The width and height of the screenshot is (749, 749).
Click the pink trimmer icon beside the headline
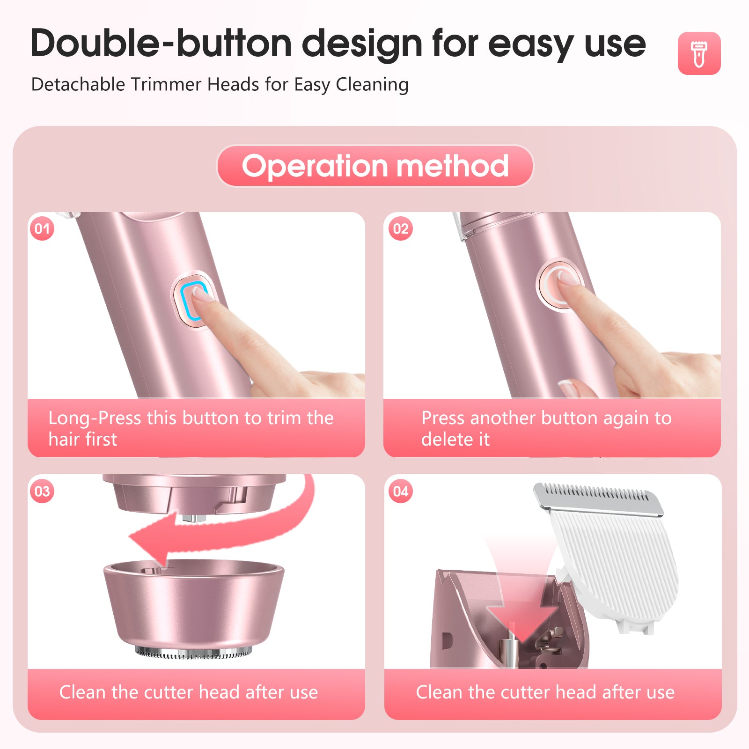click(x=699, y=53)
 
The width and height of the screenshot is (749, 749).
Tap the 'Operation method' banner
click(x=375, y=166)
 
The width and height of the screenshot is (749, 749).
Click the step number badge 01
click(x=42, y=228)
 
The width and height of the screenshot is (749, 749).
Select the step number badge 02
click(x=401, y=228)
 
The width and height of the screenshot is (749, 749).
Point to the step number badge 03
click(x=42, y=491)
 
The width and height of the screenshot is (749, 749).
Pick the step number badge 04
click(x=401, y=491)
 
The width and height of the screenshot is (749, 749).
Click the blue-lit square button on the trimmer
click(x=193, y=301)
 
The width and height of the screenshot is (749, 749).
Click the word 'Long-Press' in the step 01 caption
click(x=95, y=418)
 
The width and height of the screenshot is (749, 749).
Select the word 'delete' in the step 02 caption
click(x=447, y=439)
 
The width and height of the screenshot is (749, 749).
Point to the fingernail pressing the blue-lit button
click(x=200, y=294)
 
